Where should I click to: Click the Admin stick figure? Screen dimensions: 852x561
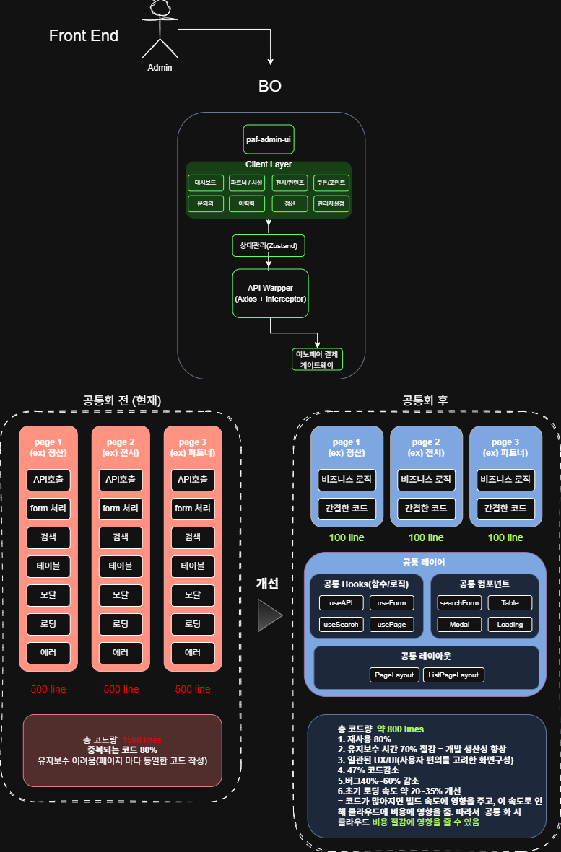159,30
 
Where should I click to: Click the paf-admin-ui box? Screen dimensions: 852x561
268,139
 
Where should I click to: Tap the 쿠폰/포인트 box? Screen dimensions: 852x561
331,183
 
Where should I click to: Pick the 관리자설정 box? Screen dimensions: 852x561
331,203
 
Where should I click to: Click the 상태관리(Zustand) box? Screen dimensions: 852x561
269,246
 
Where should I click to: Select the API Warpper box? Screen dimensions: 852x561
270,293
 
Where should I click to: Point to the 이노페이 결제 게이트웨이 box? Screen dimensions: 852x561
318,359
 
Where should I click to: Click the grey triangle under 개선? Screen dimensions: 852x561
270,615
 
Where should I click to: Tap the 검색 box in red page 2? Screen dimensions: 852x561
121,537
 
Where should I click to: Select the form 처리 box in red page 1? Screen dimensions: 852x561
48,508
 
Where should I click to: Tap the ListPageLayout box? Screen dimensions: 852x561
453,675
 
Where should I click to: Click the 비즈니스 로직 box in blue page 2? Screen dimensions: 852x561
426,479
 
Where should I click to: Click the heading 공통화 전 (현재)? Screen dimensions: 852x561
122,400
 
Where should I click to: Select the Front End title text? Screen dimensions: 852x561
84,35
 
